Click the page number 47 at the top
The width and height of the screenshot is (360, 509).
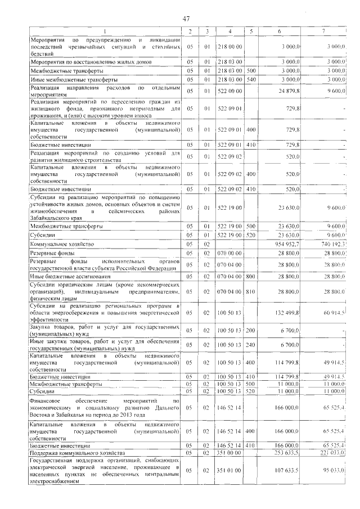click(x=186, y=19)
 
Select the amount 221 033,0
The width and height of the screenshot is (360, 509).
click(x=330, y=452)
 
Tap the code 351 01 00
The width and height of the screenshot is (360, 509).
click(x=229, y=470)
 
